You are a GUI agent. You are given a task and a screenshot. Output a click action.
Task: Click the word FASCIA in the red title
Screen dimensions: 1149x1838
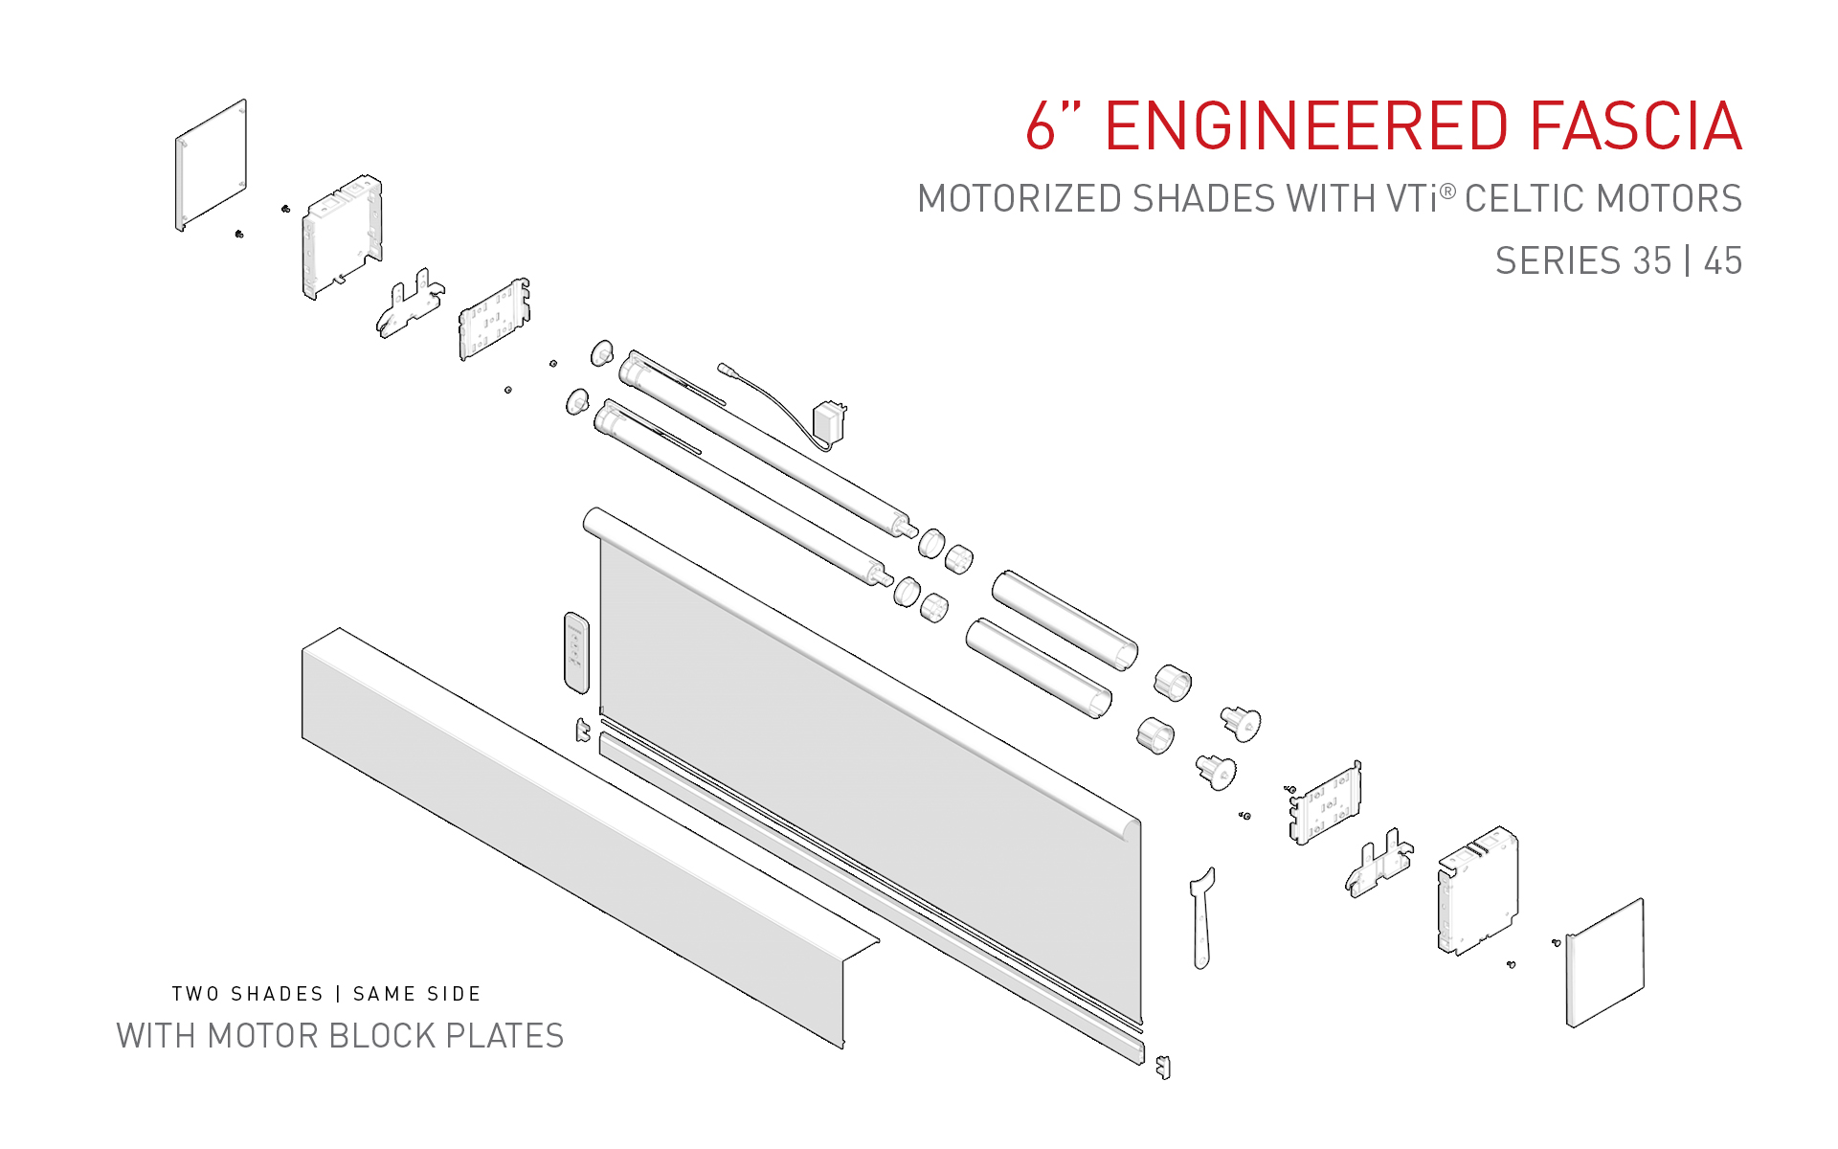1634,126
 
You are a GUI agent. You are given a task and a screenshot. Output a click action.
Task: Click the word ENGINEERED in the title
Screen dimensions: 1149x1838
1306,126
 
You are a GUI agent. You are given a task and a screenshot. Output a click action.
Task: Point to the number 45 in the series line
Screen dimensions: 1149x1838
1722,260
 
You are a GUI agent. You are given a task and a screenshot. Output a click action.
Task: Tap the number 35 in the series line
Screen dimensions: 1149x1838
1651,260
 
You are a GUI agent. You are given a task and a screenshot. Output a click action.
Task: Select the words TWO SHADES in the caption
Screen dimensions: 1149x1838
248,994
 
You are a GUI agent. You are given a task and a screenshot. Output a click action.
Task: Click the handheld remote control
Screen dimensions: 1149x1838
576,652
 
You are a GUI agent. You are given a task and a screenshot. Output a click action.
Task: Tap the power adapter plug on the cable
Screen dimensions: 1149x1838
828,422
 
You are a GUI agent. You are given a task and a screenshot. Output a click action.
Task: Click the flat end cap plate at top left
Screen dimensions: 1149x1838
212,165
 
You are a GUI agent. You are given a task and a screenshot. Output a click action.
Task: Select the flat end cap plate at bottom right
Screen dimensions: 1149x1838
1605,962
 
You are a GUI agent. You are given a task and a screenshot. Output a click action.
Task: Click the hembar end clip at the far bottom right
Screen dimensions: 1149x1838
1163,1066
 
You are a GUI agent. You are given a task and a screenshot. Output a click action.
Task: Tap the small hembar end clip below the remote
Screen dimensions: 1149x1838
582,730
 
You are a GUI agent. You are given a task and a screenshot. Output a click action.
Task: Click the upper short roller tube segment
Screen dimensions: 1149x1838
1065,620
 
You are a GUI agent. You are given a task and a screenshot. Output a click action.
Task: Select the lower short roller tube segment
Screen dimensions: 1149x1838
1039,668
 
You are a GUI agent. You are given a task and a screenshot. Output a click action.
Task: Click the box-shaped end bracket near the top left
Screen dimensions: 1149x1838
342,237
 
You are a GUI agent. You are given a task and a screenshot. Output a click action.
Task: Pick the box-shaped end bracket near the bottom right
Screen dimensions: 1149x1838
1477,890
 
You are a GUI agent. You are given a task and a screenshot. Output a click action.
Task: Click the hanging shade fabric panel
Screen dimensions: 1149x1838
862,766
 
